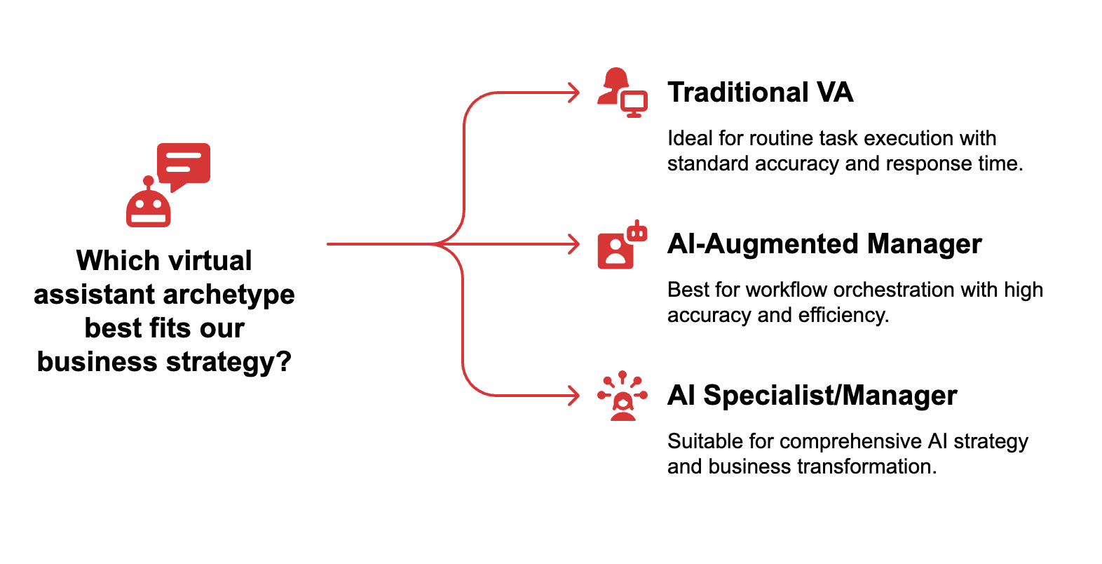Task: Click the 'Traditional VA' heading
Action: pyautogui.click(x=760, y=93)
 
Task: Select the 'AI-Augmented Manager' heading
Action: pyautogui.click(x=824, y=244)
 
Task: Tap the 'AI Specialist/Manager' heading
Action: pyautogui.click(x=812, y=396)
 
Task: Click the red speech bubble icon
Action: pyautogui.click(x=184, y=164)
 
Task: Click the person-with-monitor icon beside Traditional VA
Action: pyautogui.click(x=622, y=93)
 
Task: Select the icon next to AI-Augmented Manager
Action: pyautogui.click(x=622, y=245)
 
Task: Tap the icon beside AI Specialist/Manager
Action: pyautogui.click(x=622, y=396)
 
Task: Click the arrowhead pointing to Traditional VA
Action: pyautogui.click(x=575, y=93)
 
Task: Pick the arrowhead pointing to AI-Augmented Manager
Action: pyautogui.click(x=575, y=244)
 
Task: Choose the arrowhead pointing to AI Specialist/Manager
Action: pyautogui.click(x=575, y=396)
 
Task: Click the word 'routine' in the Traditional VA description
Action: pyautogui.click(x=779, y=138)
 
